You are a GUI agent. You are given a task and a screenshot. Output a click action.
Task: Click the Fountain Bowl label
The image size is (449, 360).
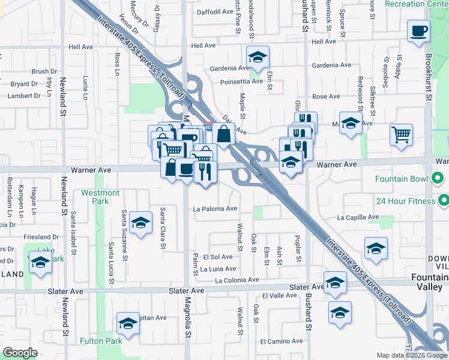[x=401, y=179]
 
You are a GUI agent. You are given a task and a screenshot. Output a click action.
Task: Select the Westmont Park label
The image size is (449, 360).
[x=100, y=197]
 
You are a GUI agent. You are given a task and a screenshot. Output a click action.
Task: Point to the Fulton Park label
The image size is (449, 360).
[x=101, y=341]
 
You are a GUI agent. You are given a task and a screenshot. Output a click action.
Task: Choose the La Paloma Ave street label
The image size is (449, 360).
[x=215, y=209]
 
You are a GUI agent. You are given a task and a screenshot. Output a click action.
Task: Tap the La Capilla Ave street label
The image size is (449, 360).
[x=358, y=217]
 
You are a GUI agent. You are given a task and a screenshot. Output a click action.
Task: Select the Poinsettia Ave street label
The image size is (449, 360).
[x=241, y=82]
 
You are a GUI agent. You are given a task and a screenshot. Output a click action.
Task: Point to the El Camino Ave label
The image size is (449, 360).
[x=281, y=341]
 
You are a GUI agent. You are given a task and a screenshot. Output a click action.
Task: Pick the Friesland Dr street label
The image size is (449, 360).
[x=38, y=238]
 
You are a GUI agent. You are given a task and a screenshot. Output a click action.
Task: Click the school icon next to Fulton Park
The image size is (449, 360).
[x=128, y=325]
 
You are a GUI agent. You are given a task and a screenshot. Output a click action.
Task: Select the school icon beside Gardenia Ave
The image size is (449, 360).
[x=258, y=58]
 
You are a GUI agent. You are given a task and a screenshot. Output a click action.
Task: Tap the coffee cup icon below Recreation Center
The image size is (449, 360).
[x=418, y=31]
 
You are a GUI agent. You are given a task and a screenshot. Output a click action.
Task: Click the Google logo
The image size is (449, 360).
[x=20, y=353]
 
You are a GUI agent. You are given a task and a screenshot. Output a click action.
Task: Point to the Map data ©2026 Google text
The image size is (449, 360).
[x=411, y=355]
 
